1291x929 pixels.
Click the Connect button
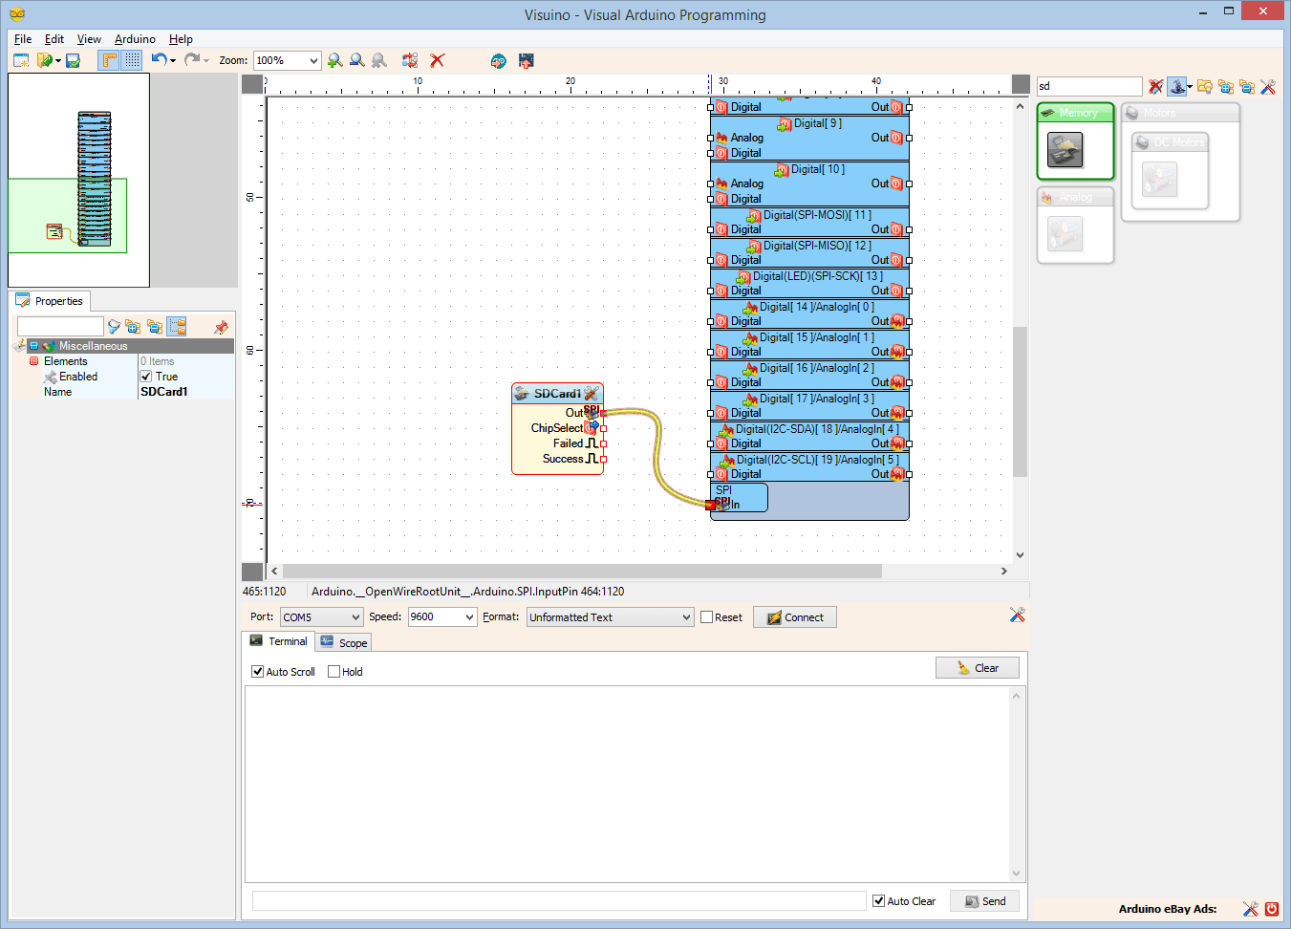(x=795, y=617)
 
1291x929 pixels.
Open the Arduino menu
(x=135, y=39)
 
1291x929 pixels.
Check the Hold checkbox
(x=334, y=672)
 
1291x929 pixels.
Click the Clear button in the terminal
(x=978, y=668)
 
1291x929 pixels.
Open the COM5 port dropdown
(x=321, y=617)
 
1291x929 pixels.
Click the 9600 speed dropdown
(x=441, y=617)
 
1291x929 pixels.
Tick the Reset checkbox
(x=707, y=617)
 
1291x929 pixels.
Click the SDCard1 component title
(x=557, y=394)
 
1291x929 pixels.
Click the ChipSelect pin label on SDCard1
(x=556, y=428)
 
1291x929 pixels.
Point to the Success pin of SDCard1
(x=563, y=459)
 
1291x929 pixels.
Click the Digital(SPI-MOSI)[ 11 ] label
(x=817, y=215)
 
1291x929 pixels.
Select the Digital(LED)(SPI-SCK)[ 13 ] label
(x=817, y=276)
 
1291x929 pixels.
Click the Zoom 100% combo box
(x=287, y=60)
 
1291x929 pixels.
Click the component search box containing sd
(x=1088, y=86)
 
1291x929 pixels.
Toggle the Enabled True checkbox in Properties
(x=146, y=377)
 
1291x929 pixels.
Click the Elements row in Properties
(x=65, y=361)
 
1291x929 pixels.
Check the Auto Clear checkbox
(x=879, y=901)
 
